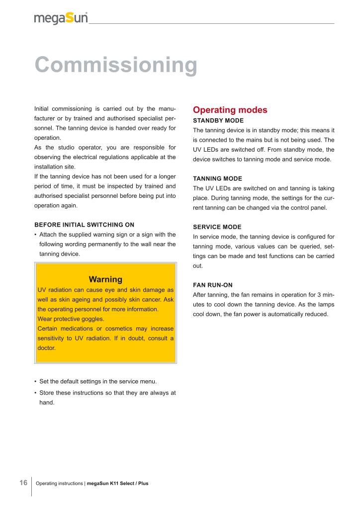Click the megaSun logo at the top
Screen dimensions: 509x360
(x=61, y=18)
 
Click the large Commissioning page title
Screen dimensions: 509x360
(x=115, y=65)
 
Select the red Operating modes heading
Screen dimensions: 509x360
(x=230, y=110)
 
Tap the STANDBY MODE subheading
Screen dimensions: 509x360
(x=218, y=120)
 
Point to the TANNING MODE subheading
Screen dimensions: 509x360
(x=217, y=178)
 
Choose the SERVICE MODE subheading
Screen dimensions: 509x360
(x=217, y=227)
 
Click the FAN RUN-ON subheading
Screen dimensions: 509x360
(x=213, y=285)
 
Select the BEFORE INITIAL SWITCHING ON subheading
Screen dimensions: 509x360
(x=84, y=225)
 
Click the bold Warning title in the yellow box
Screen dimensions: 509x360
(x=105, y=279)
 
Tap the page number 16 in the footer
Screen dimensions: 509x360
(x=23, y=483)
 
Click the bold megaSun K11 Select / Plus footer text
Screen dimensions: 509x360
(x=117, y=483)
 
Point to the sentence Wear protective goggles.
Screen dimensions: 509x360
(x=71, y=319)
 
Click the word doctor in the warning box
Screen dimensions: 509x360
(x=47, y=348)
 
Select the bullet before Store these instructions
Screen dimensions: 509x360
(x=35, y=393)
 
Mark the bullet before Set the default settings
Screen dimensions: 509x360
(x=35, y=382)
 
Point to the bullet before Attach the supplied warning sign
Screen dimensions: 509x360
(x=35, y=235)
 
